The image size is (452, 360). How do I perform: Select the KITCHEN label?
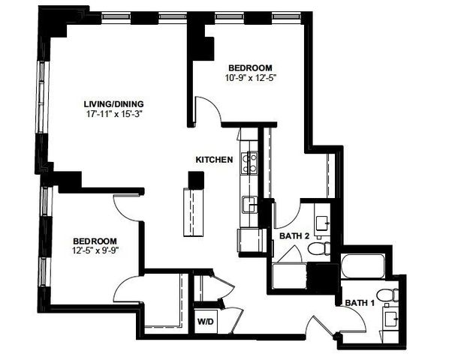[x=213, y=159]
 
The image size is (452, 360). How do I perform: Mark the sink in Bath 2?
[x=323, y=222]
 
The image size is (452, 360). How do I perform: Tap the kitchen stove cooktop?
[x=251, y=162]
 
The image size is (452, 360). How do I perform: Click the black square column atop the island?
[x=196, y=180]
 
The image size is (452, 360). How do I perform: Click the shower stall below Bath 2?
[x=289, y=274]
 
